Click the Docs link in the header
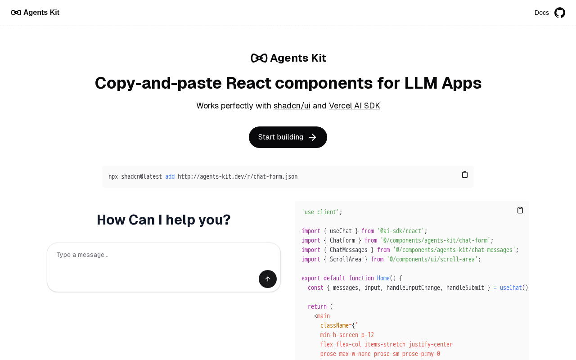point(541,13)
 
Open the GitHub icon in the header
point(559,13)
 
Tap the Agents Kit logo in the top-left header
point(35,12)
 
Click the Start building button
point(288,137)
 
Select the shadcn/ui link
point(292,106)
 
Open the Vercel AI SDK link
point(354,106)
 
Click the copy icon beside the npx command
point(465,175)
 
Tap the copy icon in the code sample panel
point(520,210)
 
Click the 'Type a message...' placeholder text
point(82,255)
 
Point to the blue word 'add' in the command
point(170,176)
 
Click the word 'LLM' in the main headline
point(421,83)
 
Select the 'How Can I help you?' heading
point(163,220)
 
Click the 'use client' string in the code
point(320,212)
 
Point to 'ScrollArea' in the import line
point(345,259)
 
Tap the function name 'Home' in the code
point(383,278)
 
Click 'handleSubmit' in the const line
point(465,288)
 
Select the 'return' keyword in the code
point(317,306)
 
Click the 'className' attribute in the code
point(334,325)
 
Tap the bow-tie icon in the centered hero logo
point(259,58)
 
